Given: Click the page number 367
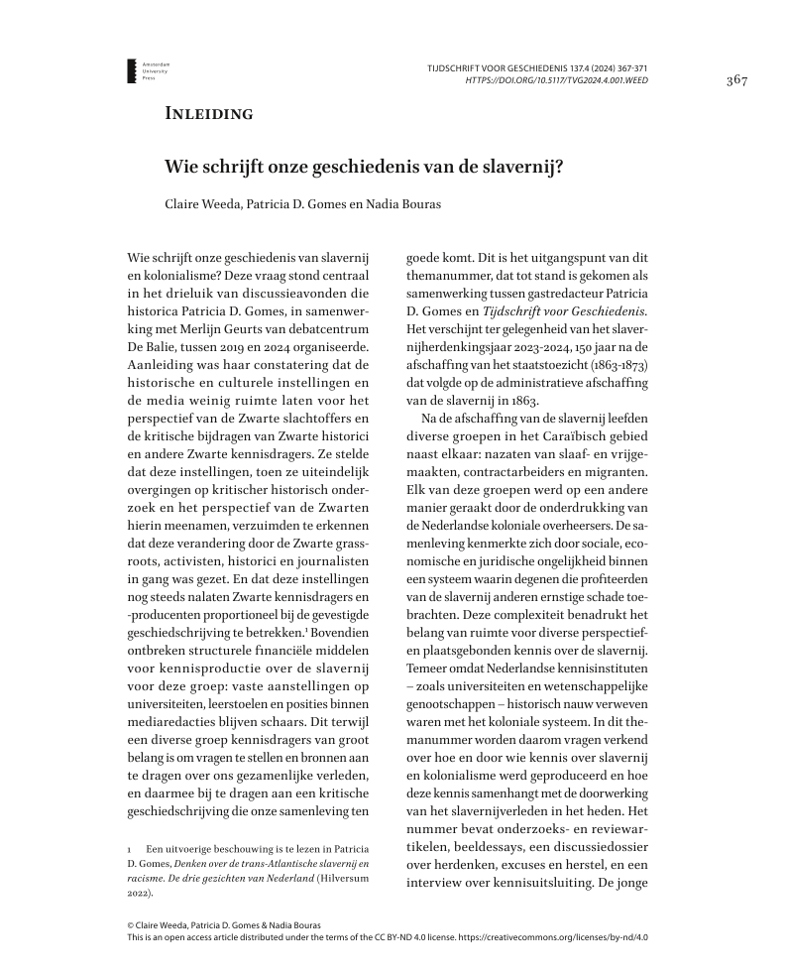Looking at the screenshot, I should pyautogui.click(x=735, y=80).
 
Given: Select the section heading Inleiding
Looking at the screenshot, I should pyautogui.click(x=208, y=113).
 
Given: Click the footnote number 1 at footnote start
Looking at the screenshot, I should pyautogui.click(x=131, y=850).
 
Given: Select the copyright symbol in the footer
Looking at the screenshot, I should pyautogui.click(x=132, y=923).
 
